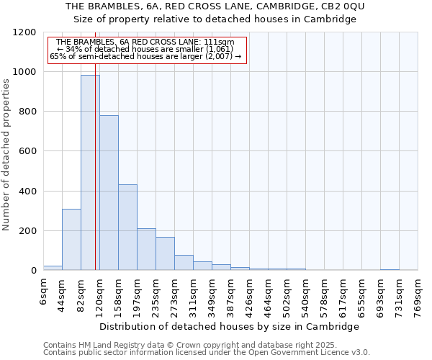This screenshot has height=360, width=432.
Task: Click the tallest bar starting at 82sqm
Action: pyautogui.click(x=90, y=173)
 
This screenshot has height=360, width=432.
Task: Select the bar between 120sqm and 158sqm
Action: pyautogui.click(x=109, y=193)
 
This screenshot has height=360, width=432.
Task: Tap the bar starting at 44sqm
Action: pyautogui.click(x=71, y=240)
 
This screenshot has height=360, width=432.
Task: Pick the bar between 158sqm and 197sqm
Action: pyautogui.click(x=127, y=228)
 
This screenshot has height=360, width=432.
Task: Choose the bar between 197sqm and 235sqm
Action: pyautogui.click(x=146, y=249)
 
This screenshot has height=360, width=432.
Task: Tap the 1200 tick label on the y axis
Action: pyautogui.click(x=24, y=32)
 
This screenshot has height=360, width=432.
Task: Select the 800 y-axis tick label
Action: pyautogui.click(x=27, y=112)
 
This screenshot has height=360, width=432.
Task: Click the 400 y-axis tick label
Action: pyautogui.click(x=27, y=192)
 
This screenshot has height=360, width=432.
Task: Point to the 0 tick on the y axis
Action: pyautogui.click(x=33, y=271)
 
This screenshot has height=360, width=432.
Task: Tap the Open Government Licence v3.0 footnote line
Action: pyautogui.click(x=207, y=353)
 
